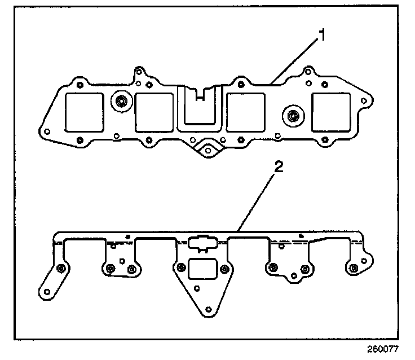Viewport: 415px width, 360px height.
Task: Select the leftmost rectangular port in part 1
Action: coord(85,112)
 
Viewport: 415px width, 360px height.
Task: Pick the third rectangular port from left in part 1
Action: coord(245,112)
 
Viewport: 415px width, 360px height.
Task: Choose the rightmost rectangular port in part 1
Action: coord(332,112)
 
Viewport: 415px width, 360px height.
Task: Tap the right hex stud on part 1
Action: coord(292,116)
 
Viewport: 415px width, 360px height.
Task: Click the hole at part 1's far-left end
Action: coord(48,131)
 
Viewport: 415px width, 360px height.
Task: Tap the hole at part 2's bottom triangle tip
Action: coord(209,309)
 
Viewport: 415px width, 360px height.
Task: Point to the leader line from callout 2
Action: coord(257,200)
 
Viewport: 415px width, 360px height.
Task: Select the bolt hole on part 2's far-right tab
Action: coord(353,268)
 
